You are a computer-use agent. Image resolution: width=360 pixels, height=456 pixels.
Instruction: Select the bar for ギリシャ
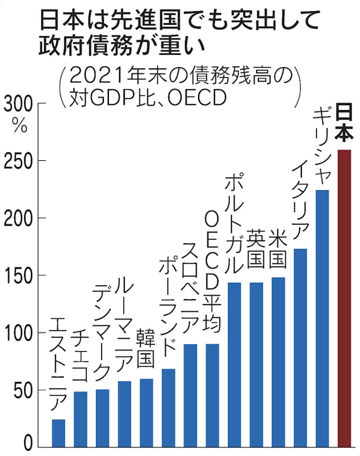322,318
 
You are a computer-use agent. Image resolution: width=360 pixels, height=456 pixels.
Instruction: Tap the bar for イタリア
300,348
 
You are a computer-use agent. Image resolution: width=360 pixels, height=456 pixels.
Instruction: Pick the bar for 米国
278,362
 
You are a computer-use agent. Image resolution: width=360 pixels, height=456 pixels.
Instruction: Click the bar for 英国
256,365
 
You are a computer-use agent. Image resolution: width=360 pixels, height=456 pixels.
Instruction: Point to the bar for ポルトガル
234,365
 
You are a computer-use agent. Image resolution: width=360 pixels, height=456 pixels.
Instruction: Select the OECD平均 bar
212,395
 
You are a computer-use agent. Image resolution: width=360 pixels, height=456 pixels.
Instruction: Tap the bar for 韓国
146,413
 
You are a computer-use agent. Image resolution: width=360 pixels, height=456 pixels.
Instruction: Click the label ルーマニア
124,325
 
